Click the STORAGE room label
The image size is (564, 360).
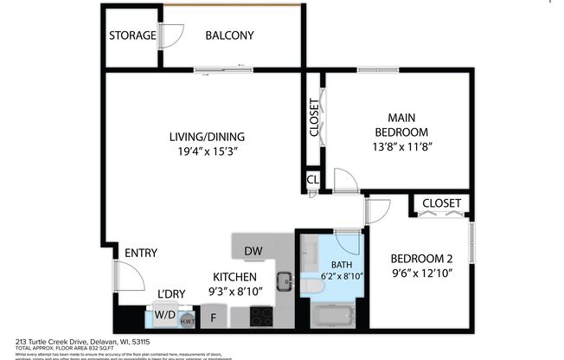pos(131,35)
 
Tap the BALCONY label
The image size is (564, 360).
pos(229,35)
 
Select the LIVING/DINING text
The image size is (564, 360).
pos(207,136)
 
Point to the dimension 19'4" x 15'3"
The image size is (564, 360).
pos(207,151)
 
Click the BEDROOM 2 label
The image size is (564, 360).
pos(421,258)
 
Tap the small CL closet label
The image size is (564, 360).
pos(311,180)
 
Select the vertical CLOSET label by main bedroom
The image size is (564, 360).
pos(313,119)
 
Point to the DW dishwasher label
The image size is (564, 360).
pos(253,252)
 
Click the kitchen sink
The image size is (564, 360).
pos(283,280)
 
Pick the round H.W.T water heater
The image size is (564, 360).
pos(187,320)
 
